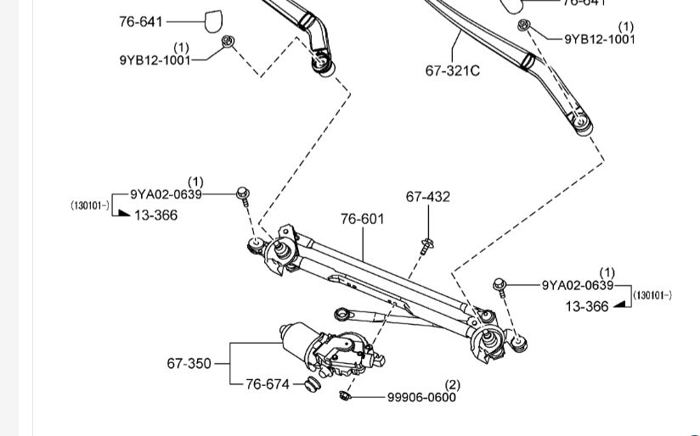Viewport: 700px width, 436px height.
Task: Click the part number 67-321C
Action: [x=452, y=70]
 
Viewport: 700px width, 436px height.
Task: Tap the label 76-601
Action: [x=362, y=219]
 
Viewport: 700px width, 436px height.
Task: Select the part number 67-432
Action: [x=428, y=197]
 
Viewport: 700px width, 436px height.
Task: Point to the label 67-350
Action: [x=189, y=364]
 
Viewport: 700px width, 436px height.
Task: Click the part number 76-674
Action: [x=268, y=384]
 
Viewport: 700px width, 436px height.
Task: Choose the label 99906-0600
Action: [x=421, y=397]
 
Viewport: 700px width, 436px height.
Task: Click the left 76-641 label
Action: [x=141, y=21]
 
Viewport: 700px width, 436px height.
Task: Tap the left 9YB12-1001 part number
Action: [x=155, y=60]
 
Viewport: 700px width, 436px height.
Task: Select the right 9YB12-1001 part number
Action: [x=600, y=39]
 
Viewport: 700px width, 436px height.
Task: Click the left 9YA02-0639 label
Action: [x=166, y=194]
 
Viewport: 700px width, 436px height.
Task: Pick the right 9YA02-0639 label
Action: [x=578, y=285]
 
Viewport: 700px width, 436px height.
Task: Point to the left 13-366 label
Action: [x=155, y=215]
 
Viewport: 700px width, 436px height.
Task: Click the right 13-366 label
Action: [x=587, y=306]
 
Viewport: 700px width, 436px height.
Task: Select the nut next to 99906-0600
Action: [x=344, y=395]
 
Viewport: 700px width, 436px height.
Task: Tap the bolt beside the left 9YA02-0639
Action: [x=243, y=195]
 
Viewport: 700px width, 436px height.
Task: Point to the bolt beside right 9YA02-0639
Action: [x=500, y=286]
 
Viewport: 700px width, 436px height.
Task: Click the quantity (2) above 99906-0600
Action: [x=452, y=386]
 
